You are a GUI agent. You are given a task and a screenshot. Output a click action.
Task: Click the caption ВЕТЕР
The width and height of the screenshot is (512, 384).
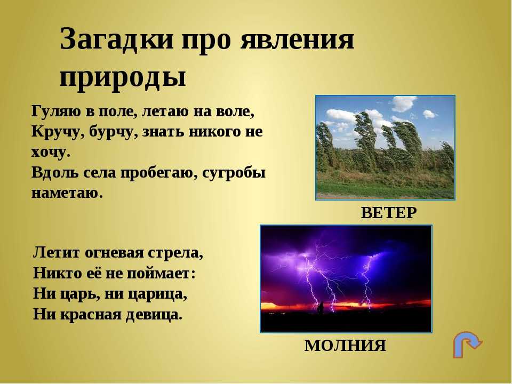[x=389, y=213]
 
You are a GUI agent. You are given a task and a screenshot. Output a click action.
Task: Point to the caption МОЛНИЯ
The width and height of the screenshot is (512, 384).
[x=345, y=345]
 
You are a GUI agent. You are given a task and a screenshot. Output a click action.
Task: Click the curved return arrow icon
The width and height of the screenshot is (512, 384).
[x=468, y=345]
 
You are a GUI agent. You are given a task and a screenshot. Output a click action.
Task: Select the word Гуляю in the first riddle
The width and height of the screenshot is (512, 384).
[x=56, y=111]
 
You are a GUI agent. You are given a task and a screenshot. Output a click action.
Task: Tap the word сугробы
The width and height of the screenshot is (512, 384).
[x=234, y=173]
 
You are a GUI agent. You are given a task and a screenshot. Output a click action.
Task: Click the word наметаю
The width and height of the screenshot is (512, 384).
[x=67, y=193]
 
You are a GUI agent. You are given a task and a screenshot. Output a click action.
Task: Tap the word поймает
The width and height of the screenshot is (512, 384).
[x=161, y=274]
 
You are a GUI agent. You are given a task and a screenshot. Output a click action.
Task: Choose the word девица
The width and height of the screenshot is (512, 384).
[x=154, y=315]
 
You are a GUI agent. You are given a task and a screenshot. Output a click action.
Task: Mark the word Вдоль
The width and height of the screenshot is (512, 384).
[x=55, y=173]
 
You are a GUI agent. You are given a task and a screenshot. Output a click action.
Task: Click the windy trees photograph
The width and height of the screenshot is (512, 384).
[x=385, y=148]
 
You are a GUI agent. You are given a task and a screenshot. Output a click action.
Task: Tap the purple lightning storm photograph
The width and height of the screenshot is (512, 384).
[x=346, y=279]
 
